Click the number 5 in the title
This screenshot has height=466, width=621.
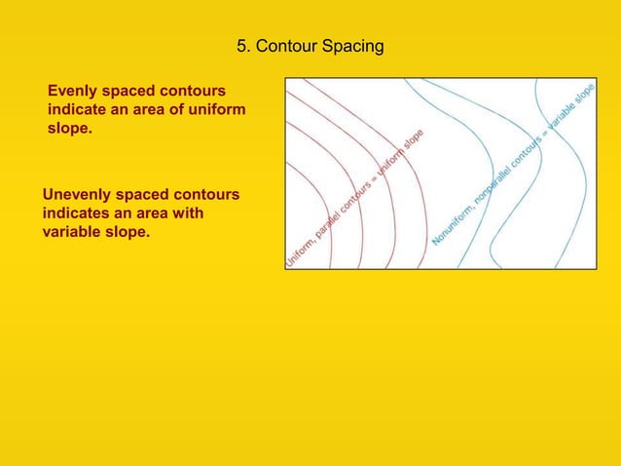[x=242, y=47]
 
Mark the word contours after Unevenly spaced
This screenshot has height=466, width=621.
[x=206, y=195]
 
